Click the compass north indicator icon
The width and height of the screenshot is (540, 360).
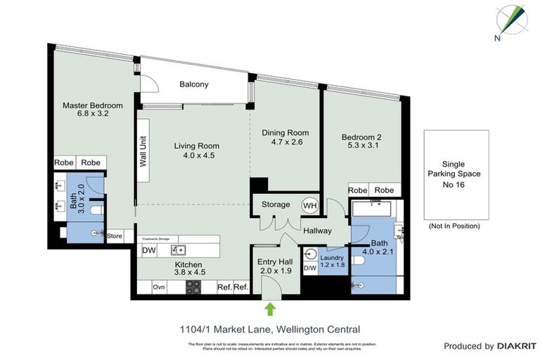coord(513,21)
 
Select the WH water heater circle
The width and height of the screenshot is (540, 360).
coord(309,205)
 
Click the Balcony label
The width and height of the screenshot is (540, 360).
coord(193,84)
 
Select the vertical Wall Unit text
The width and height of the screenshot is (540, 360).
coord(143,151)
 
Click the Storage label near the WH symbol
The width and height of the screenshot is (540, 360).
coord(276,205)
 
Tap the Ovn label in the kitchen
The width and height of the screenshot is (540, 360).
coord(159,287)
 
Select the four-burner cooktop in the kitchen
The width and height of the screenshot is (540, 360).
coord(193,287)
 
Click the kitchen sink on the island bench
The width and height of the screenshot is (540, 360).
coord(179,250)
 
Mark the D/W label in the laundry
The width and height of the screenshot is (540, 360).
coord(310,268)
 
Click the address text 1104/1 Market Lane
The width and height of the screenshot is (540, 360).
coord(232,328)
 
